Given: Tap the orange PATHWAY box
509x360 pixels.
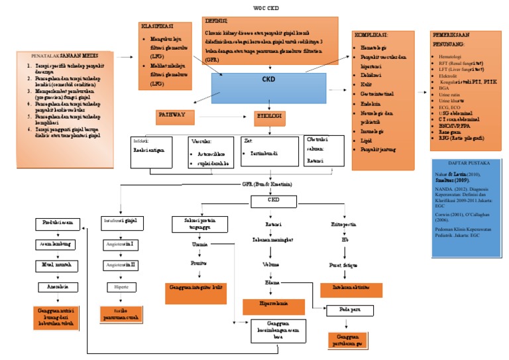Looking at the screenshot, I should pos(176,117).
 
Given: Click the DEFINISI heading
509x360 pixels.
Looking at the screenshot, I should pos(217,21).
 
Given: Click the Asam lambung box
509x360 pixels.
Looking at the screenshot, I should pos(56,245).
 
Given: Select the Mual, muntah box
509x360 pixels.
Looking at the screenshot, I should pos(56,266).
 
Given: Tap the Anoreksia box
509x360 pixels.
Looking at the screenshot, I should pos(56,288).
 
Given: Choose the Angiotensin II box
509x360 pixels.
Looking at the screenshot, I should pos(120,265).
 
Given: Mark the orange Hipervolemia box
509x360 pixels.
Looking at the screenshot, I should pos(272,306).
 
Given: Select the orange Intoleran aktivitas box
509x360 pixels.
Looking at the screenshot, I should pos(351,289).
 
